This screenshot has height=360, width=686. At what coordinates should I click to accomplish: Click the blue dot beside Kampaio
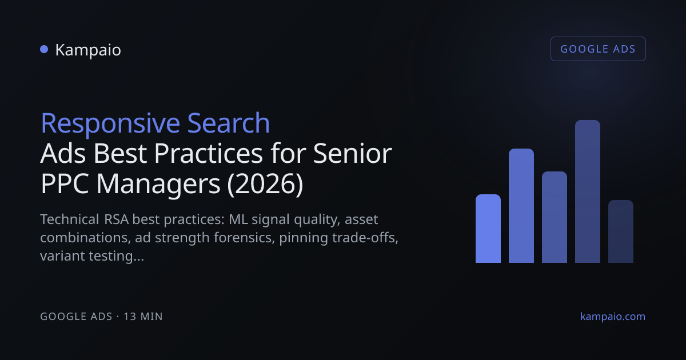coord(44,49)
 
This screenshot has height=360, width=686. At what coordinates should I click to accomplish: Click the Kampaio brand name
coord(88,50)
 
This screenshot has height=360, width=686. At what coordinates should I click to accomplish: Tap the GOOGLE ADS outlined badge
coord(598,49)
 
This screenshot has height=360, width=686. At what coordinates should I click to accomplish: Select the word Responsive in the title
coord(110,124)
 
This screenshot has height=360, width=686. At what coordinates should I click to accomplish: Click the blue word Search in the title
coord(229,123)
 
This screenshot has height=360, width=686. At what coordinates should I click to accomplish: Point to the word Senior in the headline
coord(353,153)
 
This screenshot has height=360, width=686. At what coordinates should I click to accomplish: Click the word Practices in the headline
coord(208,153)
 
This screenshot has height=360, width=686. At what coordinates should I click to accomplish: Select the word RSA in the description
coord(117,219)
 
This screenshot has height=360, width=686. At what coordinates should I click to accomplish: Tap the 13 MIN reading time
coord(143,317)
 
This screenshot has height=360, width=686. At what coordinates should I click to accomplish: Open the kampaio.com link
coord(613,317)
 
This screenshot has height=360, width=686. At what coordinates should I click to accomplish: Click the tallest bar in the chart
coord(588,191)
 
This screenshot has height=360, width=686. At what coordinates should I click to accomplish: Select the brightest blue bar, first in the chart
coord(488,229)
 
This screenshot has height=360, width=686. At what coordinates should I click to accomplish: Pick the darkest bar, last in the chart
coord(621,231)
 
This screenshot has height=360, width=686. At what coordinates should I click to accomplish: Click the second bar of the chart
coord(521,206)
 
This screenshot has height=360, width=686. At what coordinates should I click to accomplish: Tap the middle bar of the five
coord(555,217)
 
